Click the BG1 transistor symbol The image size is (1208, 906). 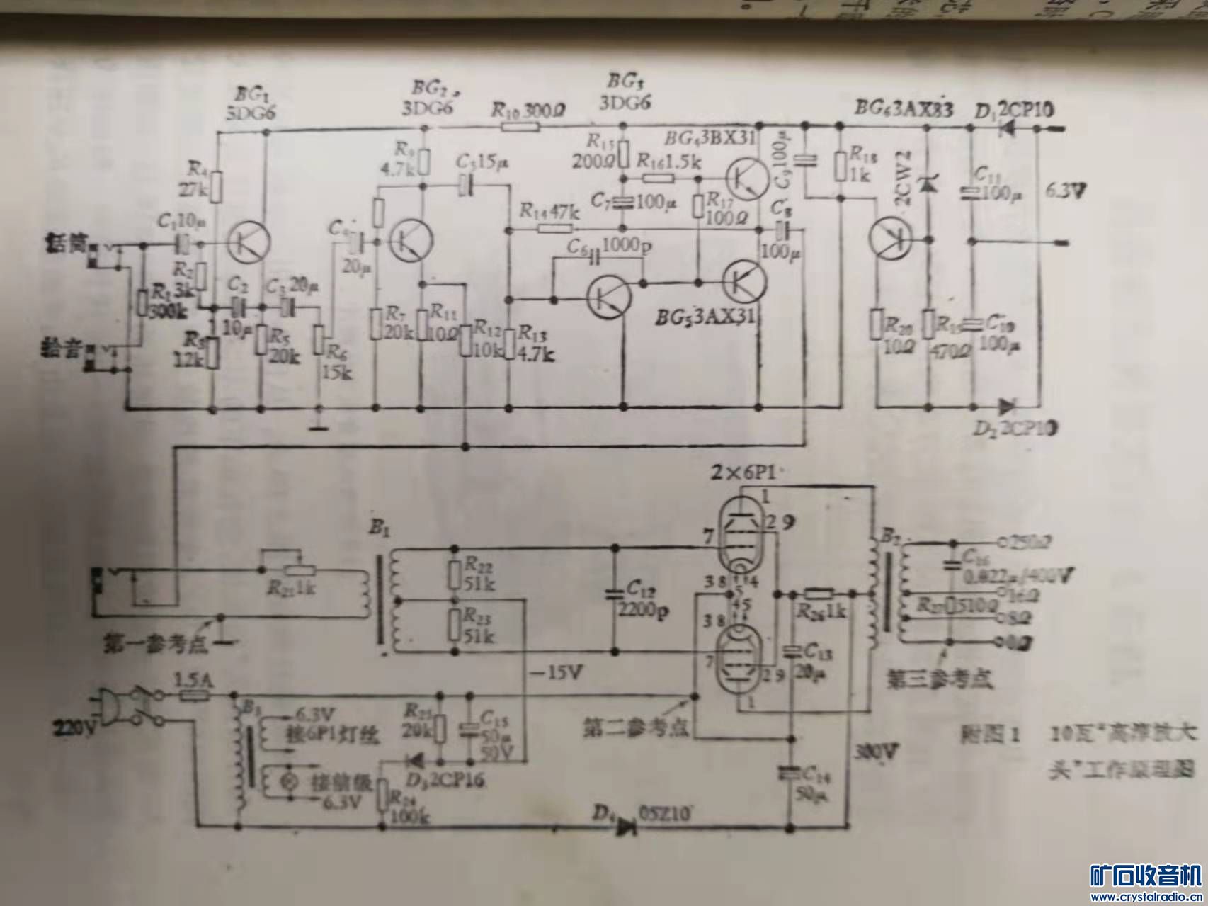[x=249, y=242]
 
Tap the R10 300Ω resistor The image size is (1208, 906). [x=520, y=128]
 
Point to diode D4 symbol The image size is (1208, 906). [x=626, y=826]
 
